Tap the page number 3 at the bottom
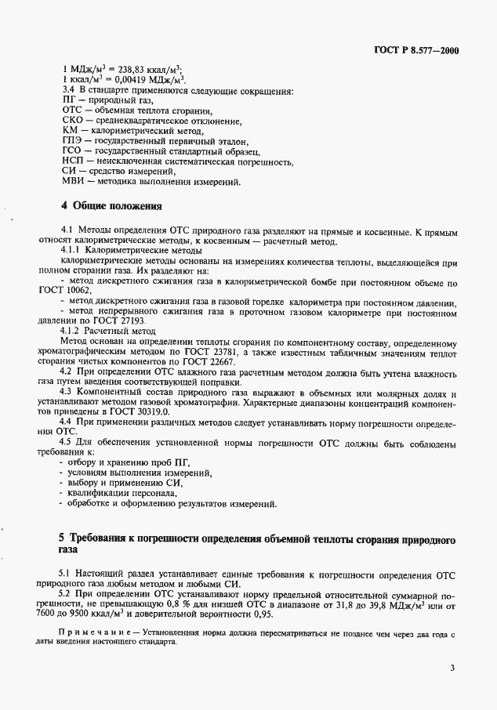coord(452,668)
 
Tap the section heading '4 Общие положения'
coord(111,207)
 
